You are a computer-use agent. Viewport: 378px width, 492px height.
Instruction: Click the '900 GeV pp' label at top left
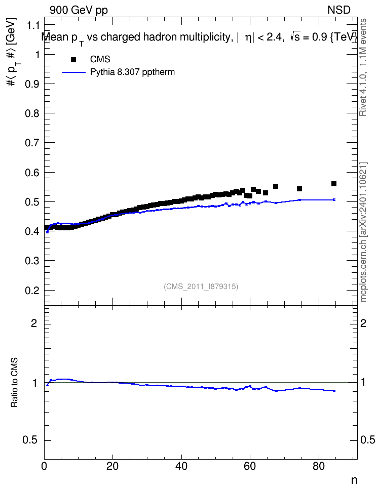(x=79, y=10)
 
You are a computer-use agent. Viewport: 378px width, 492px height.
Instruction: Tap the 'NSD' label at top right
(x=338, y=10)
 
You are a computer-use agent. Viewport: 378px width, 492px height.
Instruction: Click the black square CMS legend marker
(x=73, y=59)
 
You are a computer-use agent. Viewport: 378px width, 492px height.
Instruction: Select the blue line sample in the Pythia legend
(x=73, y=72)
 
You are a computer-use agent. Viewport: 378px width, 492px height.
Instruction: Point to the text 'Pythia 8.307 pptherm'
(x=132, y=72)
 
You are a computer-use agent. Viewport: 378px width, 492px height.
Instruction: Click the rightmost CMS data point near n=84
(x=334, y=184)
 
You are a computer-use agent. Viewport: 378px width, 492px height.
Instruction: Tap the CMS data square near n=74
(x=299, y=189)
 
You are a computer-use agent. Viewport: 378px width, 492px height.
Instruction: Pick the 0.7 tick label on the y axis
(x=32, y=143)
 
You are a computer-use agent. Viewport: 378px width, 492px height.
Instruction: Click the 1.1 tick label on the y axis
(x=32, y=25)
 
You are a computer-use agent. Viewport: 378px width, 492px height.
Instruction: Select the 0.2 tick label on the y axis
(x=32, y=290)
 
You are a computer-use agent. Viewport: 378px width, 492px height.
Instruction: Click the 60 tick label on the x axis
(x=250, y=466)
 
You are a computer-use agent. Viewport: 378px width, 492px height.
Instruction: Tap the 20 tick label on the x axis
(x=112, y=466)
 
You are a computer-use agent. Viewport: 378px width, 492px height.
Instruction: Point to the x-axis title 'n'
(x=354, y=480)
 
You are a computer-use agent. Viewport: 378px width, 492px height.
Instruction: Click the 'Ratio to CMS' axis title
(x=14, y=383)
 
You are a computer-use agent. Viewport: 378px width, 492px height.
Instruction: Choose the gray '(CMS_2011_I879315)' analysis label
(x=201, y=286)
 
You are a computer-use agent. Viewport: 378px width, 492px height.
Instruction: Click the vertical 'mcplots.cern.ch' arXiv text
(x=363, y=232)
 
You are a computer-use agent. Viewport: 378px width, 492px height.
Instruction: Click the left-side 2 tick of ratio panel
(x=34, y=323)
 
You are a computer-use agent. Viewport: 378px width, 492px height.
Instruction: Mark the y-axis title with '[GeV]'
(x=11, y=52)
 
